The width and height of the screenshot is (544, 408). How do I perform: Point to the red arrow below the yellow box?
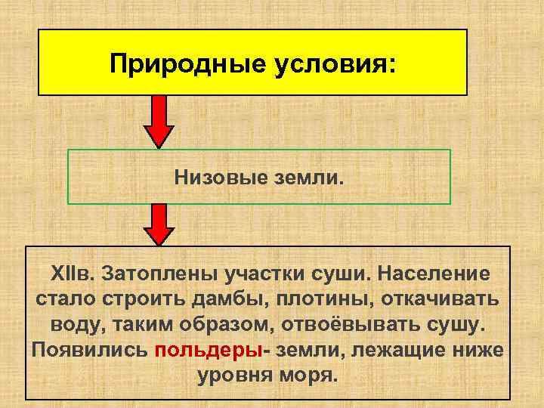(159, 120)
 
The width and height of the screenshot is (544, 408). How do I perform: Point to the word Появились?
(89, 351)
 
